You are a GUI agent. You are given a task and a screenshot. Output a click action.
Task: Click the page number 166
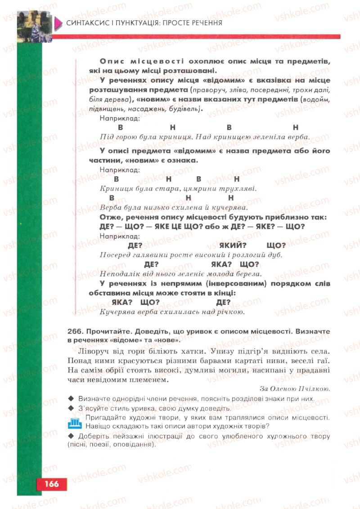click(x=51, y=484)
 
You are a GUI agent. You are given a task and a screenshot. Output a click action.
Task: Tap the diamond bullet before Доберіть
click(x=71, y=436)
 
